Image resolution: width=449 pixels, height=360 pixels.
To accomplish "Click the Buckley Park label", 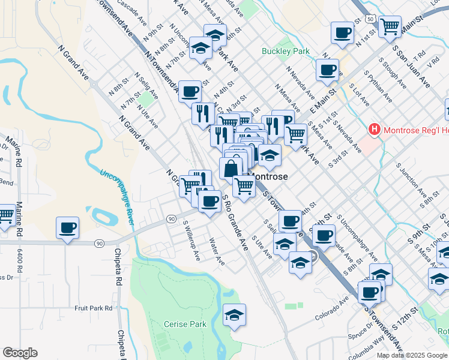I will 286,51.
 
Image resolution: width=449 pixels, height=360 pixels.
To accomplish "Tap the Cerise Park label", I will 185,324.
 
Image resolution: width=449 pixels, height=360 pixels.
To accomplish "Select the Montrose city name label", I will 268,177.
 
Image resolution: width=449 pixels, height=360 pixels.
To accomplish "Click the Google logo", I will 20,353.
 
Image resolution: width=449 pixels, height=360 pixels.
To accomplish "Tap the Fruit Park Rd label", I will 94,308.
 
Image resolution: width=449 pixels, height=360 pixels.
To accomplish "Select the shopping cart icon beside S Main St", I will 390,26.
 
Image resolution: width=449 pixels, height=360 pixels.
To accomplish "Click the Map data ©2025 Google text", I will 411,355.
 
